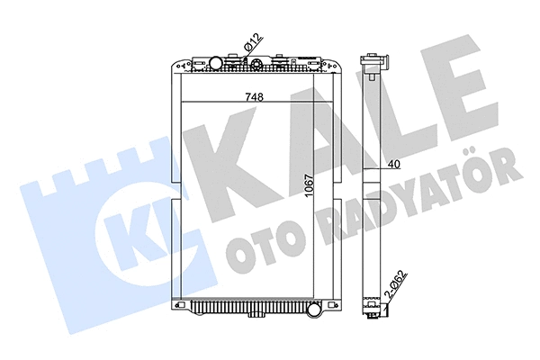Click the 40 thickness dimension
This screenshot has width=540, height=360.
(x=394, y=164)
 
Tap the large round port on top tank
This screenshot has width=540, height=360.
(x=216, y=63)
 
